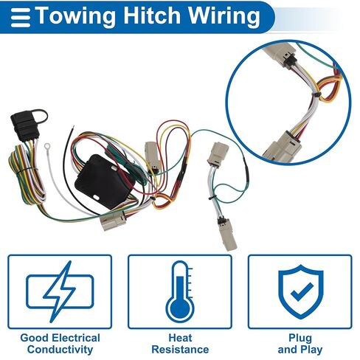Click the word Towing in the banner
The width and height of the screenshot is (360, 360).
pos(76,16)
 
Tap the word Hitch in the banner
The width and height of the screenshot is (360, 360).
pos(152,15)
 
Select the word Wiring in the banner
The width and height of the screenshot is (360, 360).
pos(224,16)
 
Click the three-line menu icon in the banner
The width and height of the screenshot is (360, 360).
pos(21,18)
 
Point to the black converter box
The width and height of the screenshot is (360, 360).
pos(105,181)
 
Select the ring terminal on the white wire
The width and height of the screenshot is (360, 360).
pos(46,147)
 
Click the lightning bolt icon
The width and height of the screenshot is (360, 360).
pos(60,291)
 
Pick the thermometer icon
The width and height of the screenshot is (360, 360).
pos(181,292)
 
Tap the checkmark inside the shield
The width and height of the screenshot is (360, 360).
pos(302,291)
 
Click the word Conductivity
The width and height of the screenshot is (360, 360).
pos(60,349)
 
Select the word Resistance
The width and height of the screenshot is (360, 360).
pos(180,349)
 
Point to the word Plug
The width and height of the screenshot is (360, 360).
pos(300,339)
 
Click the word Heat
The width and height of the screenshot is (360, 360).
pos(180,338)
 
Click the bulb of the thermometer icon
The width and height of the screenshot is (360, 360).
pos(180,308)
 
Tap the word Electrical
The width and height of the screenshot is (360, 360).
pos(77,338)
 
